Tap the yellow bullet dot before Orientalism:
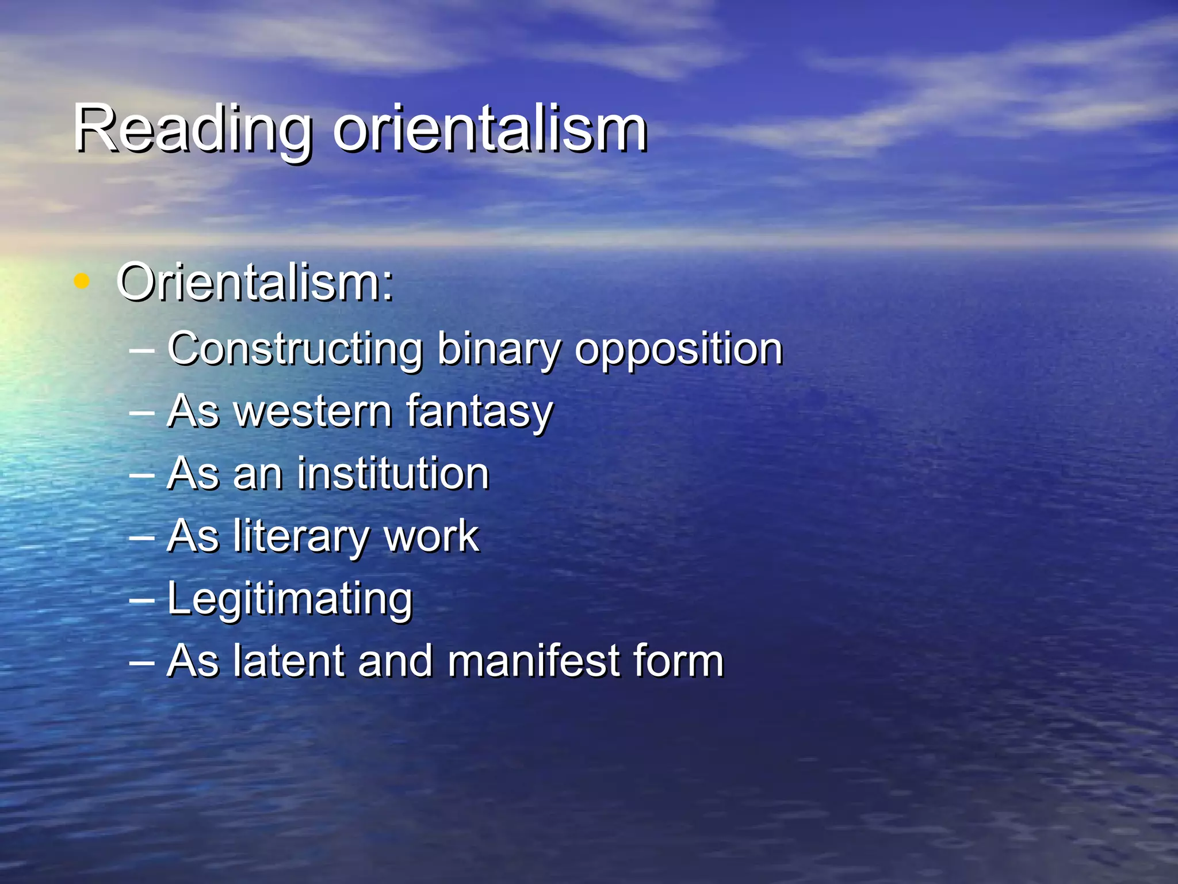click(82, 281)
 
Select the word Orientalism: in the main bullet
click(255, 283)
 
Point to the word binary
click(499, 350)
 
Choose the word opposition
click(679, 350)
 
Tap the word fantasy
click(479, 412)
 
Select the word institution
click(393, 474)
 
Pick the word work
click(431, 536)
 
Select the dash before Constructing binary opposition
click(142, 349)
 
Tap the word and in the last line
click(396, 661)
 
